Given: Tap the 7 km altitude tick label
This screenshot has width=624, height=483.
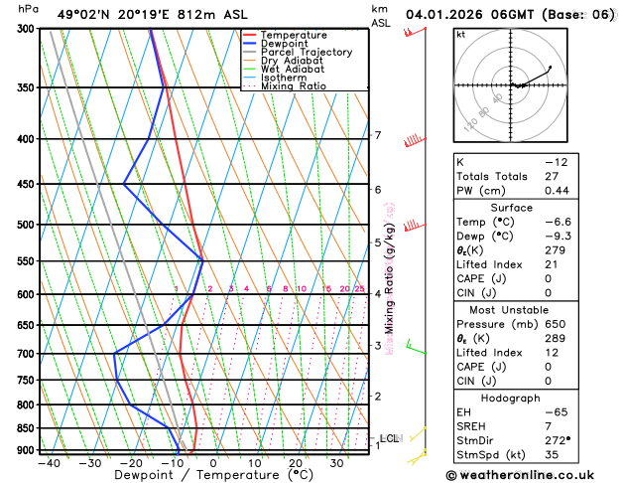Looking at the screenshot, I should pos(377,135).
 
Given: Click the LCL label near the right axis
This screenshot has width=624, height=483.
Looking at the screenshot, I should pos(390,438).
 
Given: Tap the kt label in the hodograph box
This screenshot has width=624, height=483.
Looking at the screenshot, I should pos(460,34).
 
